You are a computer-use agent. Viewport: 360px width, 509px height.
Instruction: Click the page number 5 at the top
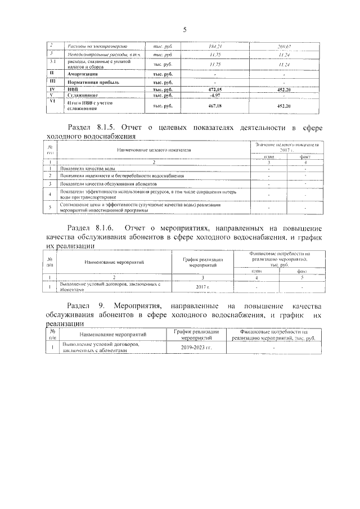(x=184, y=30)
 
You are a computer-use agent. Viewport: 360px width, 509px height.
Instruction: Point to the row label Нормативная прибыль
(x=90, y=82)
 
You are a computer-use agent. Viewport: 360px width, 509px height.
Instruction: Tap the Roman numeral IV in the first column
(x=52, y=89)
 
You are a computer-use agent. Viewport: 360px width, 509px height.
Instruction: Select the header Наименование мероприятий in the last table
(x=109, y=336)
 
